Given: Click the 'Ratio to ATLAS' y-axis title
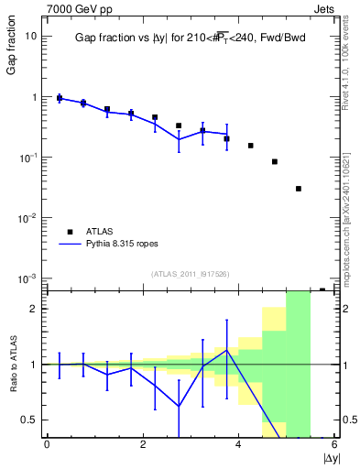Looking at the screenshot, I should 12,364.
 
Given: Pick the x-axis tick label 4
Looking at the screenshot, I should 239,445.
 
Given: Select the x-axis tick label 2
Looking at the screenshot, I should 143,445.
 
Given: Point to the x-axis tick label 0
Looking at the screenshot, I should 47,445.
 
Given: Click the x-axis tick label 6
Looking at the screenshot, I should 334,445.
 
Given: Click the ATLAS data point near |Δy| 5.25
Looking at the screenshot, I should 299,189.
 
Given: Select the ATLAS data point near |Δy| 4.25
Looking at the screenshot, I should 250,146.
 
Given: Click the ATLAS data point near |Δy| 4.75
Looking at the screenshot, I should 274,161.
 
